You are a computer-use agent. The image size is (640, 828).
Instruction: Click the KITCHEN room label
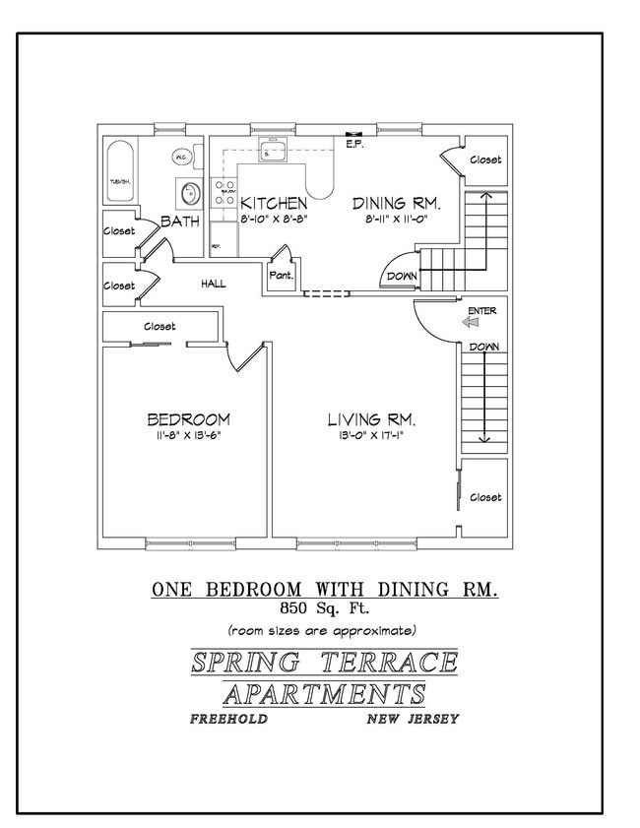[x=267, y=204]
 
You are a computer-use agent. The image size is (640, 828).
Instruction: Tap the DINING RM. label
[x=397, y=204]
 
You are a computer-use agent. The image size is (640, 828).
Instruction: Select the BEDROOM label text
[x=187, y=419]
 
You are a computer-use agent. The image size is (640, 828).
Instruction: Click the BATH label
[x=180, y=222]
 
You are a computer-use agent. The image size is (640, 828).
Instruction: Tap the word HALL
[x=214, y=285]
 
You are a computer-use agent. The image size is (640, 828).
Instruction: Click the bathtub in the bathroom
[x=120, y=174]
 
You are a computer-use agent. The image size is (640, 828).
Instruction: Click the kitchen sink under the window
[x=270, y=153]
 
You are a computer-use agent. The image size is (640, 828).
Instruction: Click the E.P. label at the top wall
[x=355, y=144]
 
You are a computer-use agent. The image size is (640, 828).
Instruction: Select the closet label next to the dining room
[x=484, y=159]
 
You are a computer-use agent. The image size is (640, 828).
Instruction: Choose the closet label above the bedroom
[x=160, y=326]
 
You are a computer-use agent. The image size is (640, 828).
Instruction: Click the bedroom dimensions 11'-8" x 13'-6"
[x=187, y=436]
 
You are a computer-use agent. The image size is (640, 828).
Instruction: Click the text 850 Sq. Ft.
[x=322, y=608]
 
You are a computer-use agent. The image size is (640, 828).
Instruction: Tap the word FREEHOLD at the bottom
[x=228, y=719]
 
